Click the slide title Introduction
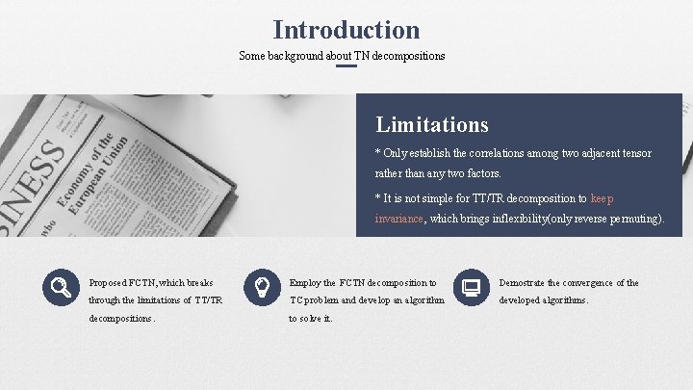[346, 30]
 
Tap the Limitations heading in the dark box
[432, 124]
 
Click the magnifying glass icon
[60, 285]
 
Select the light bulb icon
[260, 285]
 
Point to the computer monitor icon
[471, 286]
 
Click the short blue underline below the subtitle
[346, 66]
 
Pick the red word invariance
[399, 220]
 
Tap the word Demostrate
[524, 283]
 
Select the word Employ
[305, 283]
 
